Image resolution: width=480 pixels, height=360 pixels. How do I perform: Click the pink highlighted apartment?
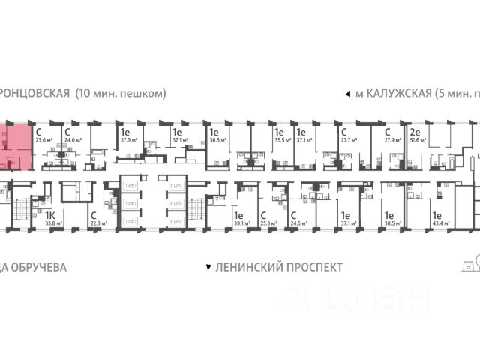16,146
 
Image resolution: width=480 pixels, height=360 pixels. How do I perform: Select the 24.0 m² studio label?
72,139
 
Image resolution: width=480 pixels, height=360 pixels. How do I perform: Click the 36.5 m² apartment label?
218,139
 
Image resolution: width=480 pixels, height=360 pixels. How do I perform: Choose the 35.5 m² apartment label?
283,139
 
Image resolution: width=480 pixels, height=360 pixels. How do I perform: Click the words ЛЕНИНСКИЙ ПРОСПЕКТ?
279,267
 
